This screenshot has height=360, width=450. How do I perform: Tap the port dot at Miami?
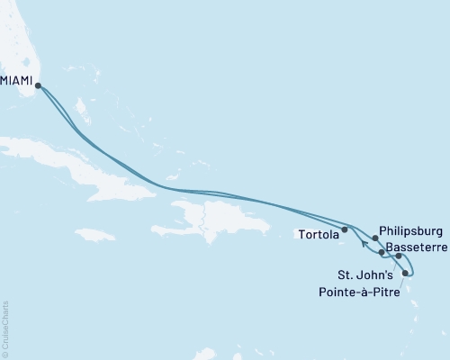(x=38, y=86)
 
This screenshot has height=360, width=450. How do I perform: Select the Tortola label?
(x=315, y=236)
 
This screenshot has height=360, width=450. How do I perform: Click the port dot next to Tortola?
(x=345, y=229)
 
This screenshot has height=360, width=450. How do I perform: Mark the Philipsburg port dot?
(x=374, y=238)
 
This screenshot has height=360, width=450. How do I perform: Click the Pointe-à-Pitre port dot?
(x=406, y=273)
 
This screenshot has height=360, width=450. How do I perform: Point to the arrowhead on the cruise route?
(x=363, y=241)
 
